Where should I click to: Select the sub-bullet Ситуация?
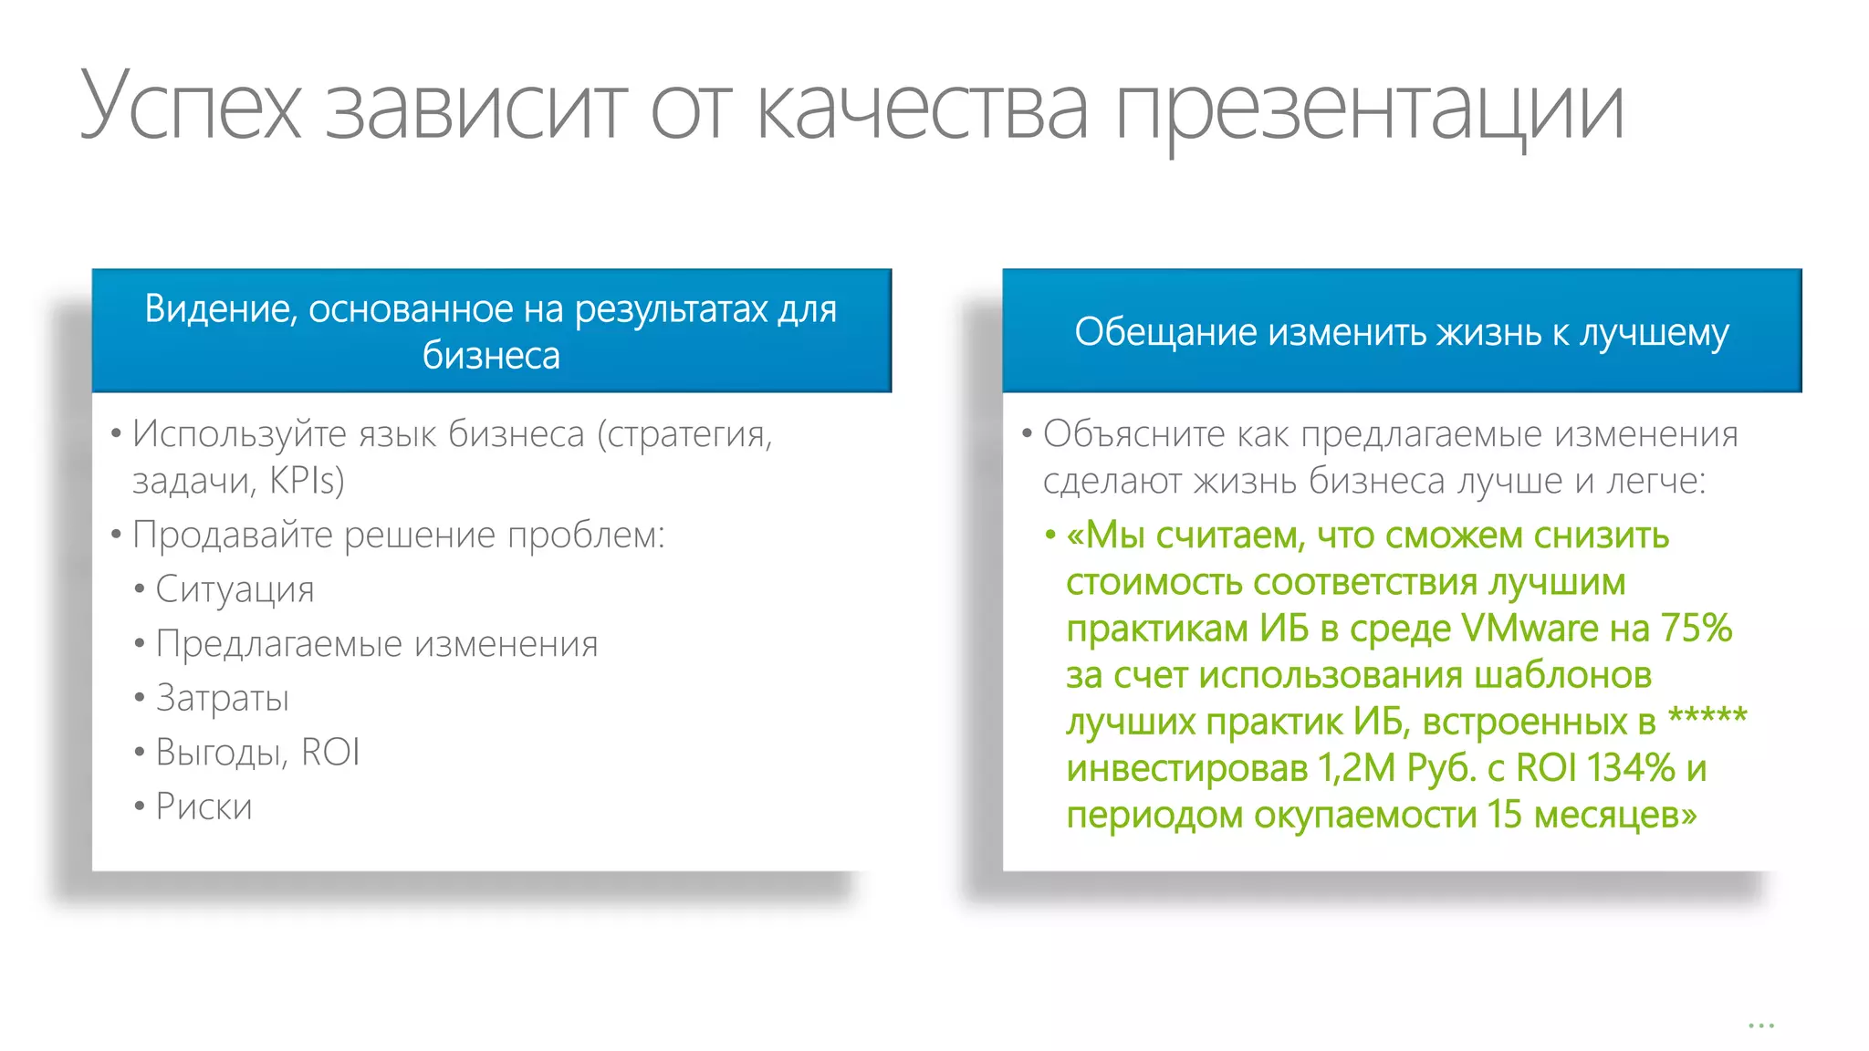pyautogui.click(x=235, y=590)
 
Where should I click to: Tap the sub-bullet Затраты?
pyautogui.click(x=223, y=699)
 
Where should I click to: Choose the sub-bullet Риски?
pyautogui.click(x=204, y=807)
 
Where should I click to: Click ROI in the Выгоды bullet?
pyautogui.click(x=330, y=753)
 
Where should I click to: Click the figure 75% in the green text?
pyautogui.click(x=1696, y=629)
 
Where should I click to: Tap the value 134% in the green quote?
pyautogui.click(x=1630, y=768)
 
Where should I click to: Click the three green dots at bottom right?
pyautogui.click(x=1760, y=1025)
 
